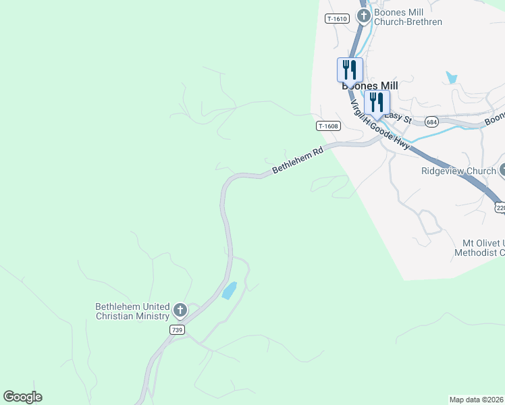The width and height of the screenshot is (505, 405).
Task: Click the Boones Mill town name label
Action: click(369, 86)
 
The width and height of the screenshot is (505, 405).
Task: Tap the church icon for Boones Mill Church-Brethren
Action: click(364, 16)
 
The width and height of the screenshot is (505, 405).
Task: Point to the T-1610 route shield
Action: click(337, 19)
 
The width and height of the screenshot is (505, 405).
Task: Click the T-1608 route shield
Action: click(328, 126)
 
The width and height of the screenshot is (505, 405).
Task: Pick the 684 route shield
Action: click(432, 122)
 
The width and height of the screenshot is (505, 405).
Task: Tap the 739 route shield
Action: click(177, 329)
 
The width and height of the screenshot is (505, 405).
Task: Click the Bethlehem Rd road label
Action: click(298, 161)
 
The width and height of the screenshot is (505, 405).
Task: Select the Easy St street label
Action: click(398, 116)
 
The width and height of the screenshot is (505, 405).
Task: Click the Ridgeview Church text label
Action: click(458, 171)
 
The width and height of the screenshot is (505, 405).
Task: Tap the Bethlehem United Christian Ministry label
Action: click(132, 311)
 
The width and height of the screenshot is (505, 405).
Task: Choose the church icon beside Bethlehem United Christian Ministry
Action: click(180, 310)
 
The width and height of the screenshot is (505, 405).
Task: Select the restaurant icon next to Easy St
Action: click(377, 103)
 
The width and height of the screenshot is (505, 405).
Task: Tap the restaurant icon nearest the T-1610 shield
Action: click(350, 69)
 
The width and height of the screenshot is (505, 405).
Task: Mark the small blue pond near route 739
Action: click(230, 291)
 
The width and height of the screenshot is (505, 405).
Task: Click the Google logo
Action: click(22, 397)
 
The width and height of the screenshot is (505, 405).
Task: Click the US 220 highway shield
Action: click(500, 208)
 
